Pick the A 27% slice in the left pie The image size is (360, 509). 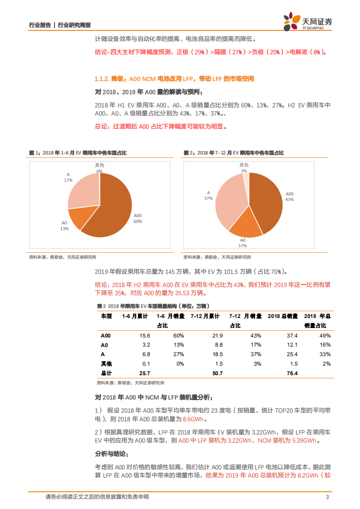click(84, 191)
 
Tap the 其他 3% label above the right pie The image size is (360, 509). click(244, 167)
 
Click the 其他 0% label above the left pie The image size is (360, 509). click(99, 168)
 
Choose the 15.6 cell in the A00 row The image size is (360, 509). click(145, 336)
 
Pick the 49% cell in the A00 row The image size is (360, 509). click(325, 336)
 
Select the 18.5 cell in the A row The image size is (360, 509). click(217, 354)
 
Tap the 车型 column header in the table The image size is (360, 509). click(106, 316)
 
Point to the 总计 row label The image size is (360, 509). click(106, 373)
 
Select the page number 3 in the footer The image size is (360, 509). click(327, 497)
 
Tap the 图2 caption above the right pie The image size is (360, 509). click(233, 153)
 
